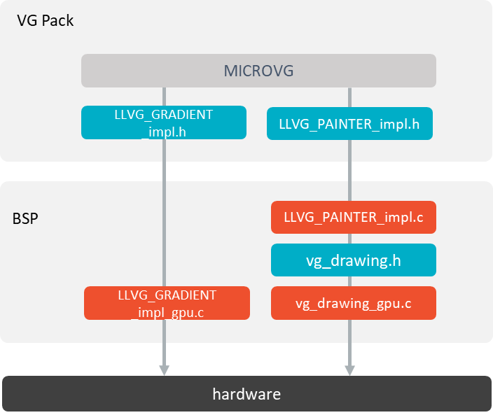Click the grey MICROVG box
258,71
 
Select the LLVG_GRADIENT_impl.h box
164,122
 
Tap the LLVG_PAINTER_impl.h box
349,125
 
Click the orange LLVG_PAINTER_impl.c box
353,218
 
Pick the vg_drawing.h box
353,260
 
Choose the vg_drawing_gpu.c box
353,304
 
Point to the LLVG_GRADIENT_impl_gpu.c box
167,304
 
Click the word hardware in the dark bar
246,394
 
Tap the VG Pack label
46,20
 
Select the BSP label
25,218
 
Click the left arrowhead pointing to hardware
165,369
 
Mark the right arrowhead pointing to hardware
349,369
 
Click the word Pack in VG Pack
57,20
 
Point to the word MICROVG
258,71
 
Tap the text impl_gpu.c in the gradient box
168,313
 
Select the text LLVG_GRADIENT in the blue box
164,114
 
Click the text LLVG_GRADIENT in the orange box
167,295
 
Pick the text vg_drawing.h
353,260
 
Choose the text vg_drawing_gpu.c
353,304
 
